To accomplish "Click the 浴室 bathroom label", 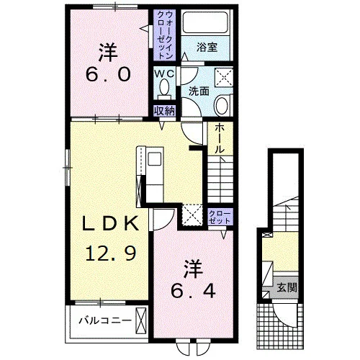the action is (207, 47).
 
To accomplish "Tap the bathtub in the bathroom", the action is (205, 23).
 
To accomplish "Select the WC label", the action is (164, 74).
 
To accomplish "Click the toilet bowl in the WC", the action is (164, 87).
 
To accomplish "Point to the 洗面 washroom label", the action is (199, 91).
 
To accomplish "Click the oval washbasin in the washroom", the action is (222, 106).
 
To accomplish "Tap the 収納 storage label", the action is (164, 111).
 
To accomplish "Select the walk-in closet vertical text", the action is (165, 35).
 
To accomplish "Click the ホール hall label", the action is (219, 139).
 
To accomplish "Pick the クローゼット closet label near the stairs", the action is (220, 217).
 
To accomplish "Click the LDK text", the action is (111, 223).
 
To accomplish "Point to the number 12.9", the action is (111, 253).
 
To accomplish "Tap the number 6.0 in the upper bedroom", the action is (108, 74).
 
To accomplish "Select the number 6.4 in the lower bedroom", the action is (193, 291).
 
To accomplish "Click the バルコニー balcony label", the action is (105, 320).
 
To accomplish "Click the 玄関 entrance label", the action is (287, 287).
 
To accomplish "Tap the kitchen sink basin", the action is (154, 159).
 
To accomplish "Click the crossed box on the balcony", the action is (141, 321).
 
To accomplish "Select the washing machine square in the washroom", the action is (224, 77).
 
